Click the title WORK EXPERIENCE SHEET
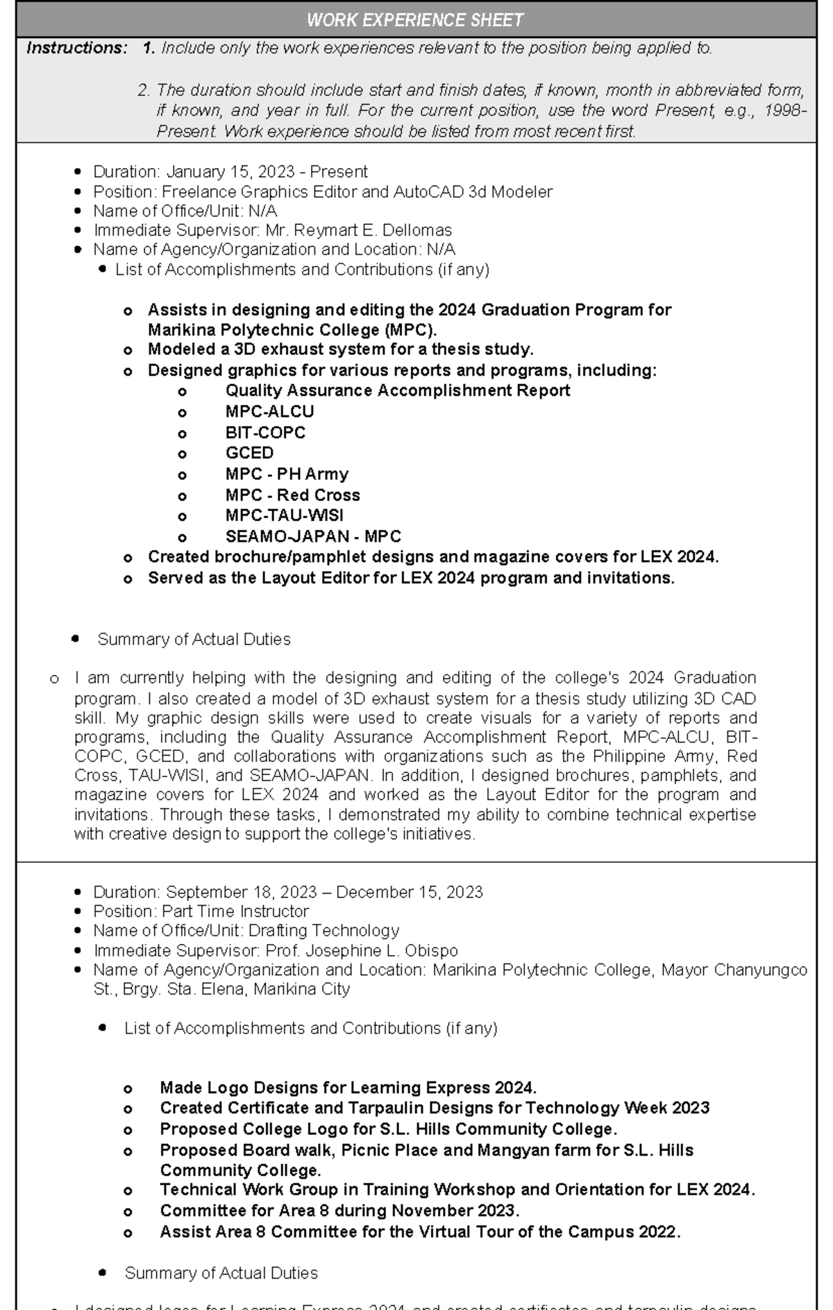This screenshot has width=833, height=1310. click(415, 20)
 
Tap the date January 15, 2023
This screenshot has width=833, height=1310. click(232, 172)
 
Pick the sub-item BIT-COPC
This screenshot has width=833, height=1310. click(265, 432)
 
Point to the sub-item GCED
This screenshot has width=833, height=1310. click(249, 453)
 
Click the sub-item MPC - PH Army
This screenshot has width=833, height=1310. click(287, 474)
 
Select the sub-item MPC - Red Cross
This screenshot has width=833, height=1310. click(292, 495)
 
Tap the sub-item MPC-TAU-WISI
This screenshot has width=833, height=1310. click(284, 515)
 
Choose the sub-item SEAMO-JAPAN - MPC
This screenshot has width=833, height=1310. click(313, 536)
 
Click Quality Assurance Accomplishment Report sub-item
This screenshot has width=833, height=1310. click(397, 390)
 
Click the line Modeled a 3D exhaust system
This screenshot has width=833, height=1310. click(340, 349)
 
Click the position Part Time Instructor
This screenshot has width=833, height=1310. click(235, 911)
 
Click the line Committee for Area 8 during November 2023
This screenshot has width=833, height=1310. click(339, 1210)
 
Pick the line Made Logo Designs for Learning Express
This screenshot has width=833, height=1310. click(348, 1088)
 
